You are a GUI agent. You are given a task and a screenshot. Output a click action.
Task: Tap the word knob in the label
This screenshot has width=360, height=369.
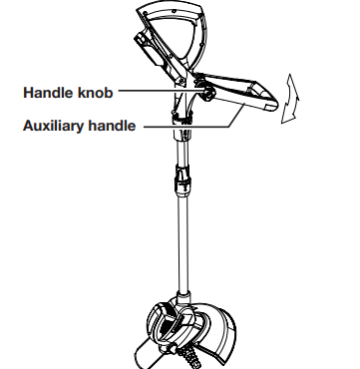[96, 93]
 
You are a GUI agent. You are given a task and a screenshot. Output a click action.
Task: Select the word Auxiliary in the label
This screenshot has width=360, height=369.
[51, 126]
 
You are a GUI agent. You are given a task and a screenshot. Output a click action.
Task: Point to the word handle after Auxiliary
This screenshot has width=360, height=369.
[110, 126]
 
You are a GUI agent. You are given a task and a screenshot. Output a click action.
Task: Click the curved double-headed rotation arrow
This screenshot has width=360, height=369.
[290, 99]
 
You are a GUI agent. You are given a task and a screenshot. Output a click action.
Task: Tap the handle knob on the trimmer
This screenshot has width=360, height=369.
[208, 92]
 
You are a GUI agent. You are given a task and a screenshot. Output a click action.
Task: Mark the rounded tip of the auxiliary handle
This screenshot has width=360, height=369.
[271, 101]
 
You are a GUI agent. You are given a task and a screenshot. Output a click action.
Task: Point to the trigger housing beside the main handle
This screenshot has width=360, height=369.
[157, 55]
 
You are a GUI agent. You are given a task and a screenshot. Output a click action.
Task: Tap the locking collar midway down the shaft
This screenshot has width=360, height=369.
[182, 182]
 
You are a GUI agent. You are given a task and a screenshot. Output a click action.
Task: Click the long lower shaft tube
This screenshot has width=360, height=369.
[182, 244]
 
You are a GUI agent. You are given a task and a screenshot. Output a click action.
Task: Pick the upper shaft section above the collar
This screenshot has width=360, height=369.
[182, 153]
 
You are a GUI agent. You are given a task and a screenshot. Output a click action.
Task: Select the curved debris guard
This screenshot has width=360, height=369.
[219, 332]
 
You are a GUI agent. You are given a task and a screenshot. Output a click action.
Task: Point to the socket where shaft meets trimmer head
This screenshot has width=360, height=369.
[183, 297]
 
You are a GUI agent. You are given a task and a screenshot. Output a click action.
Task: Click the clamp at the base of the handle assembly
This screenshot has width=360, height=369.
[182, 119]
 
